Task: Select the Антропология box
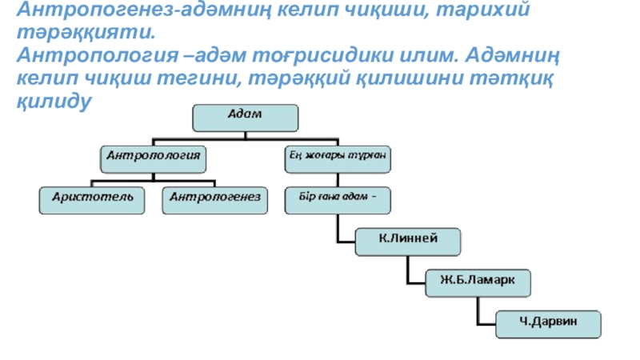(154, 158)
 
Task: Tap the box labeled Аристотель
(94, 200)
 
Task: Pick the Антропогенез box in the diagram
(214, 200)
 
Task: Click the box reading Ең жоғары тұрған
(338, 158)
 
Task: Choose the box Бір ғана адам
(338, 200)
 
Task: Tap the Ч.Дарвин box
(548, 322)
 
